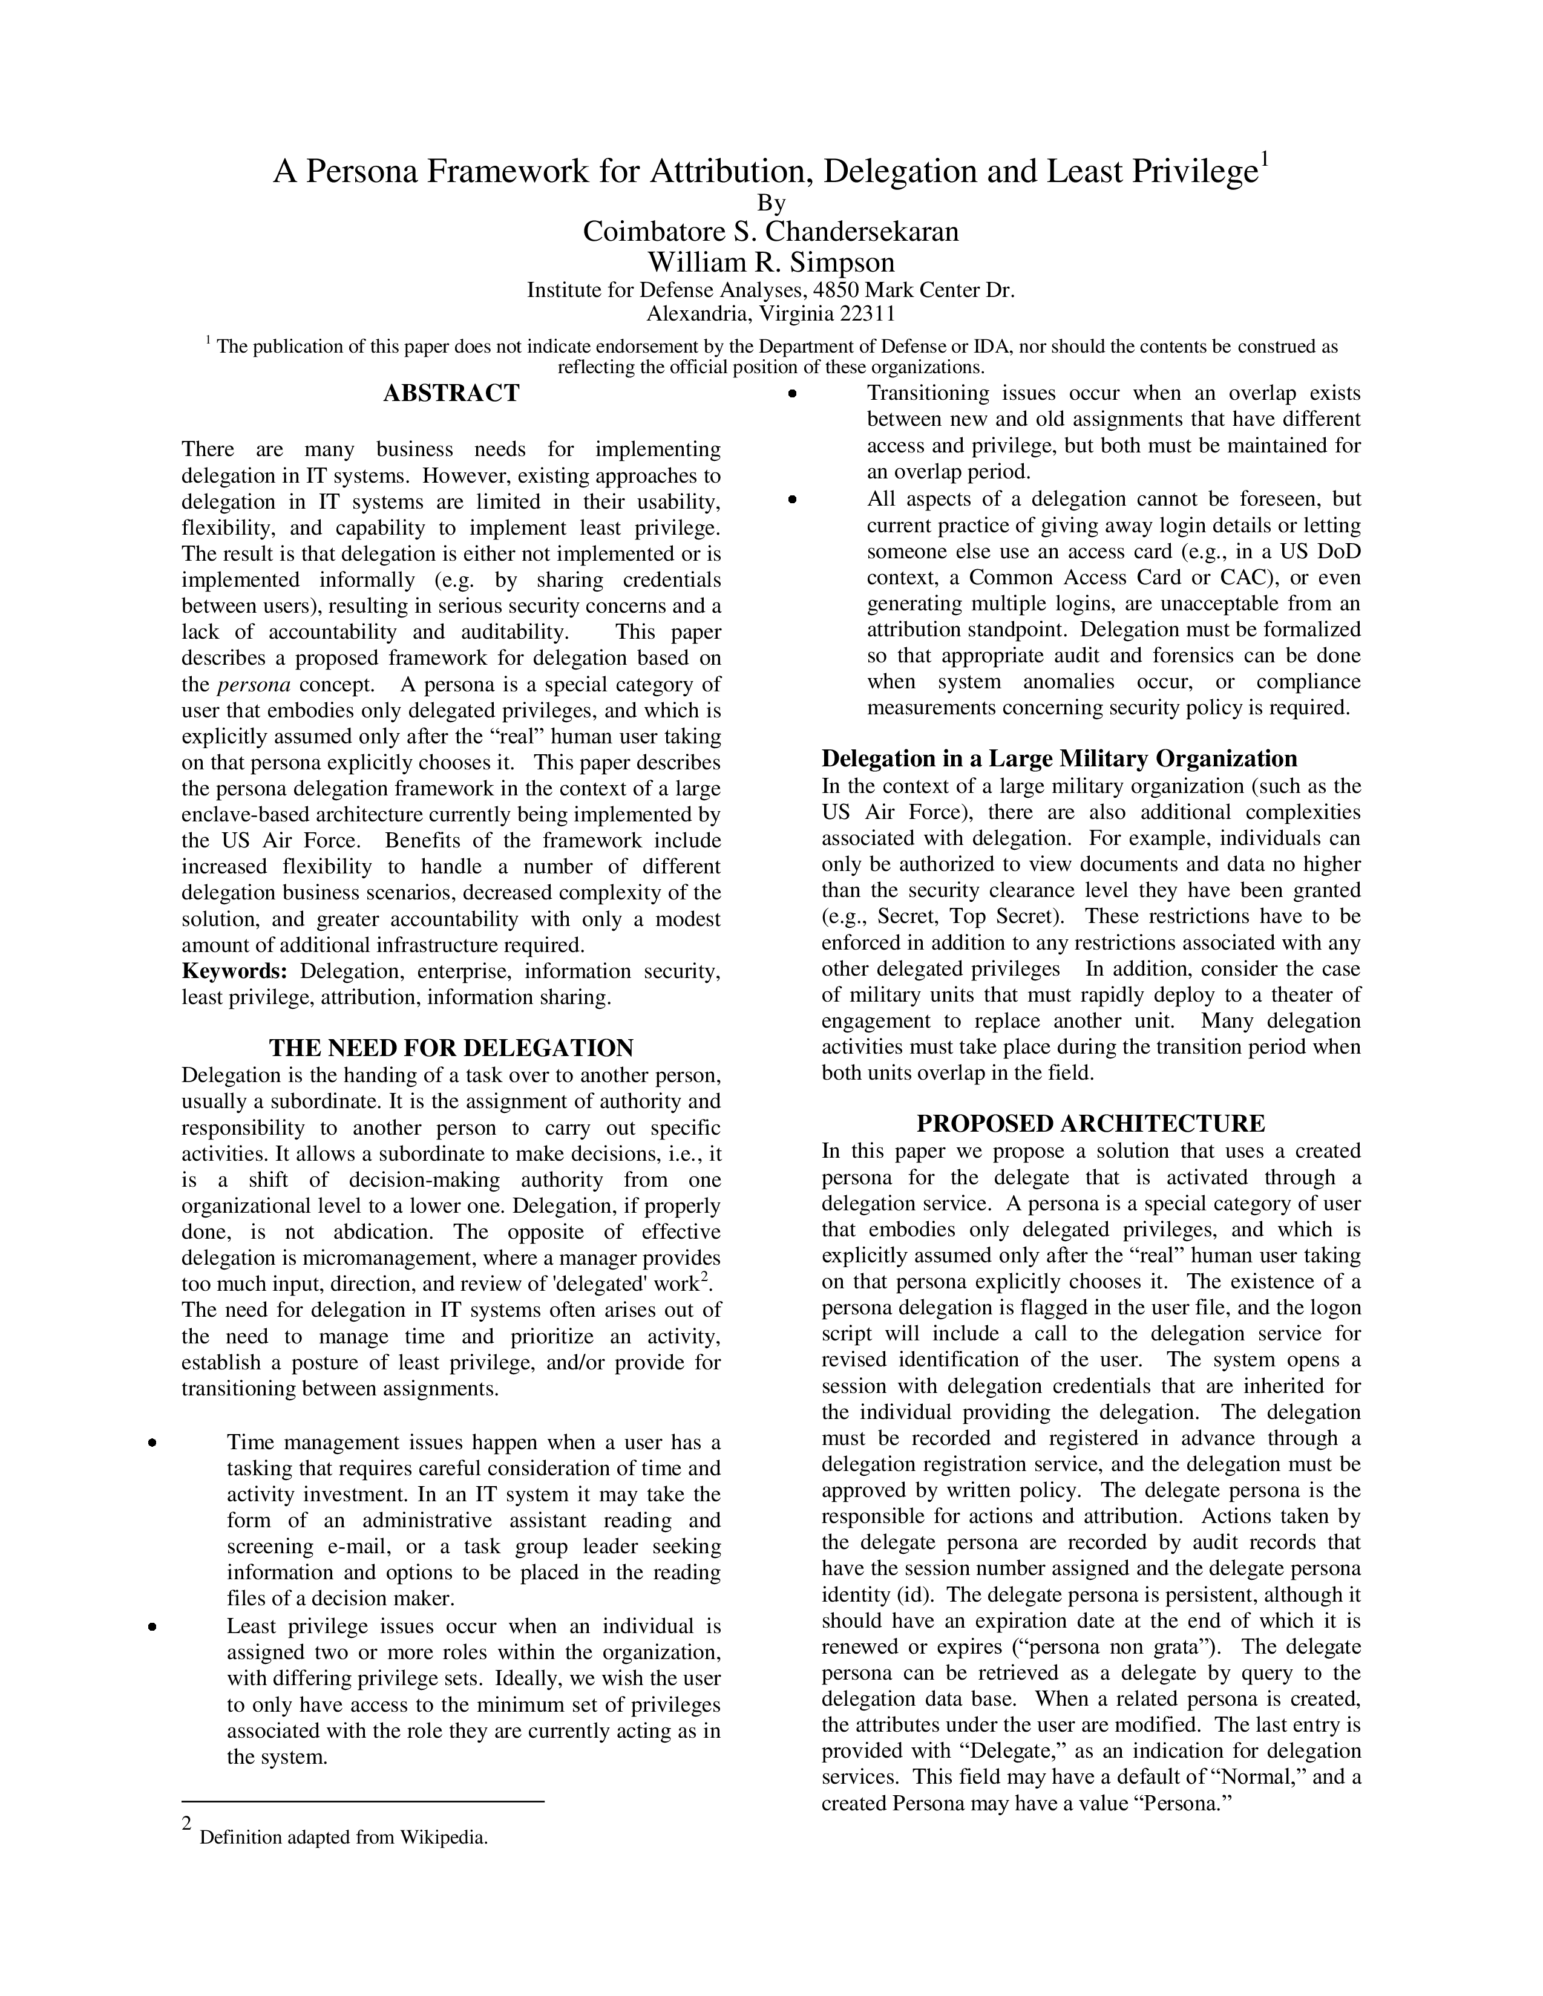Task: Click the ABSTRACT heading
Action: [451, 394]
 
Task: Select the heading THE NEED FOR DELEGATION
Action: [451, 1048]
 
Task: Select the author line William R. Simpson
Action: [770, 263]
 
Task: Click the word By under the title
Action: [770, 202]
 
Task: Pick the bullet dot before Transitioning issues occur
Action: [793, 394]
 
